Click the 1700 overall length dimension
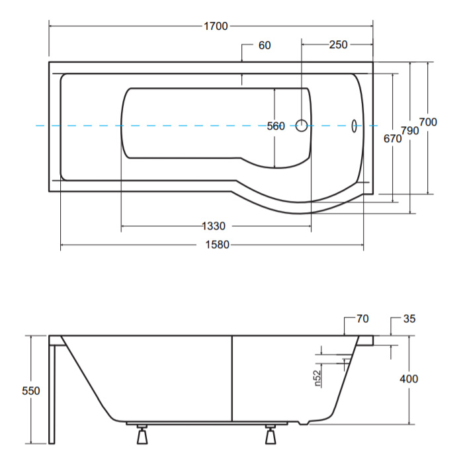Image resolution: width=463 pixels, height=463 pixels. pos(216,26)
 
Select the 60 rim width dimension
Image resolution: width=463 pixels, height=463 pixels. pos(265,45)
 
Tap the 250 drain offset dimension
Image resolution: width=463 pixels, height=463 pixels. pos(339,44)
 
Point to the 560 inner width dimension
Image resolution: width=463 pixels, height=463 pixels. pos(276,126)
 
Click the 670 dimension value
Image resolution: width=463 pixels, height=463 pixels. pos(392,138)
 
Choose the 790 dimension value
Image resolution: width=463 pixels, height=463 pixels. pos(410,130)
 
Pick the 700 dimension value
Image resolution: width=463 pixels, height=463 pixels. pos(428,122)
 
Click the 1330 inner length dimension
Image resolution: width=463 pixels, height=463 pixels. pos(214,226)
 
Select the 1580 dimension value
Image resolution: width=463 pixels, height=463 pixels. pos(218,245)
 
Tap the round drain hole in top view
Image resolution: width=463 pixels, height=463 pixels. pos(302,126)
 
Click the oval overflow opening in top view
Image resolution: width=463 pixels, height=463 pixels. pos(354,126)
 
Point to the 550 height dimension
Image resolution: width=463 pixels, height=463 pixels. pos(30,391)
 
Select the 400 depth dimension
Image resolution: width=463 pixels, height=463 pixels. pos(409,378)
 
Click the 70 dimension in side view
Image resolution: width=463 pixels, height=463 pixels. pos(362,319)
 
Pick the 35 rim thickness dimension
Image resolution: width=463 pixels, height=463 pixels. pos(409,319)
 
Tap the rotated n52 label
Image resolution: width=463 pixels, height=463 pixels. pos(317,378)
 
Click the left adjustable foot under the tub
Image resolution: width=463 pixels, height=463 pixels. pos(142,435)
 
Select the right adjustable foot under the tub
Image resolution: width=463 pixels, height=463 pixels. pos(270,435)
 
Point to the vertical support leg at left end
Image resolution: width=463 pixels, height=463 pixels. pos(52,394)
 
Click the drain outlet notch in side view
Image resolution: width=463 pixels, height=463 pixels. pos(304,423)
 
